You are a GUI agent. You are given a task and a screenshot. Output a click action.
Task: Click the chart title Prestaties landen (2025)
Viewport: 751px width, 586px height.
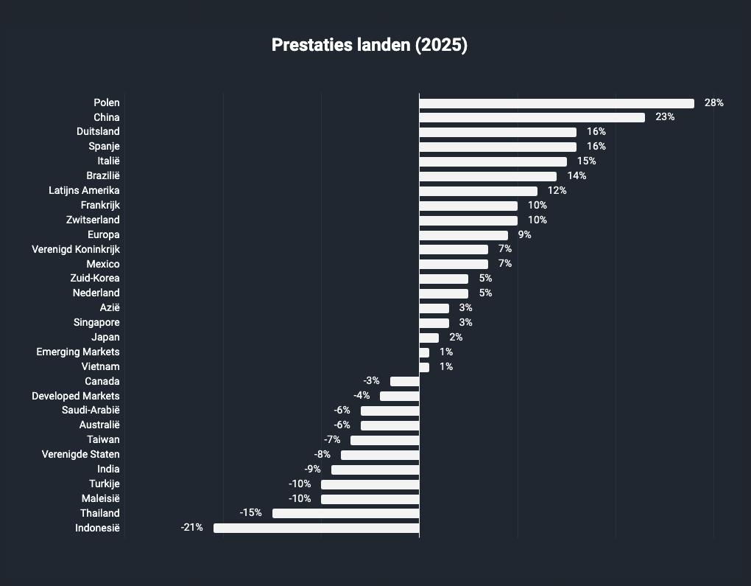pyautogui.click(x=370, y=45)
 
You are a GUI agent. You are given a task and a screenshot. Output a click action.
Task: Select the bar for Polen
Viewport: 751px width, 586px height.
pyautogui.click(x=557, y=103)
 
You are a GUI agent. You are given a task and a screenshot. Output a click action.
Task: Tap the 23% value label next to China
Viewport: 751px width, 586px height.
pyautogui.click(x=665, y=117)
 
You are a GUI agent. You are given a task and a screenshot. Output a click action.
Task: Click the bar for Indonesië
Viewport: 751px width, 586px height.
pyautogui.click(x=317, y=528)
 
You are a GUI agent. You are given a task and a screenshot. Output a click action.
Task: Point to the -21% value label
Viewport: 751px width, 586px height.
pyautogui.click(x=191, y=528)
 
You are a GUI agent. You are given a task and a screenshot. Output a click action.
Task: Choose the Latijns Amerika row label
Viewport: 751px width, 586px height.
pyautogui.click(x=84, y=190)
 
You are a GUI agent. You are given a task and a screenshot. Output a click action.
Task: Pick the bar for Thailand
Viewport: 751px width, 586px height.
pyautogui.click(x=346, y=513)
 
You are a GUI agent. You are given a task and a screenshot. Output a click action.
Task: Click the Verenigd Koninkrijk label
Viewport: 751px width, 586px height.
pyautogui.click(x=76, y=249)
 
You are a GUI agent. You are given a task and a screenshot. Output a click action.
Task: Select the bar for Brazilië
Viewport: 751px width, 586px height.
pyautogui.click(x=488, y=176)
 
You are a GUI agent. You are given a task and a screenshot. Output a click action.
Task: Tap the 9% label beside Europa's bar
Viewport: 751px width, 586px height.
pyautogui.click(x=524, y=234)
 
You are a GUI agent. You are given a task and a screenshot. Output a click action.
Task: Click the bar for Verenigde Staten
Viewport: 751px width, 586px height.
pyautogui.click(x=381, y=455)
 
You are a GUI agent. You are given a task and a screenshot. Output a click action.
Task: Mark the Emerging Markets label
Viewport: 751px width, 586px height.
pyautogui.click(x=78, y=352)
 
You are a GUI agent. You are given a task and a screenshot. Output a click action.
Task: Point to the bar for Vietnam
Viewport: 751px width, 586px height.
pyautogui.click(x=424, y=367)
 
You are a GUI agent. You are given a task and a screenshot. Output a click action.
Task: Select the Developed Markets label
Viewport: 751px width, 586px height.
pyautogui.click(x=76, y=396)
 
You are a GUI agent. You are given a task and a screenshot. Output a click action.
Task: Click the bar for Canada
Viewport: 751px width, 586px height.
pyautogui.click(x=405, y=381)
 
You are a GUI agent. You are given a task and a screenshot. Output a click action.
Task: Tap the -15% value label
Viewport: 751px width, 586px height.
pyautogui.click(x=250, y=512)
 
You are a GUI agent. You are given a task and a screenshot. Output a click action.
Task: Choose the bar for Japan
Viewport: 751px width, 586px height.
pyautogui.click(x=429, y=338)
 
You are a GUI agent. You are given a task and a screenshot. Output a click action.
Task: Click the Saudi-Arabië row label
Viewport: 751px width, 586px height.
pyautogui.click(x=91, y=410)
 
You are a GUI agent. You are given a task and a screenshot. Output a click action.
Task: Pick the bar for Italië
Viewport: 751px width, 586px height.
pyautogui.click(x=493, y=162)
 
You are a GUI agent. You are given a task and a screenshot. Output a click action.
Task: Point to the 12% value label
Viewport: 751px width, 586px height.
pyautogui.click(x=557, y=190)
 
